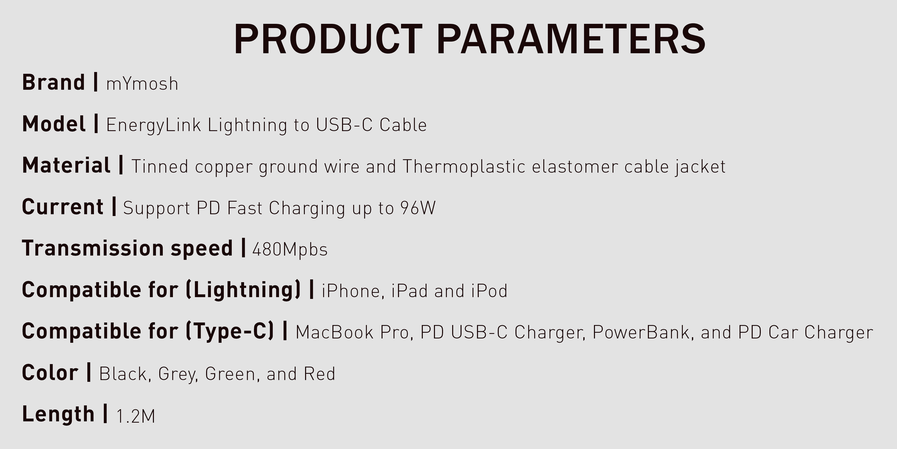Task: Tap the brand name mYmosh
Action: click(x=142, y=84)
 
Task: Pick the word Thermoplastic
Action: click(x=464, y=166)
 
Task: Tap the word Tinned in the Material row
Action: click(x=160, y=166)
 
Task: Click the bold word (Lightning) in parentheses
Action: click(x=243, y=290)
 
